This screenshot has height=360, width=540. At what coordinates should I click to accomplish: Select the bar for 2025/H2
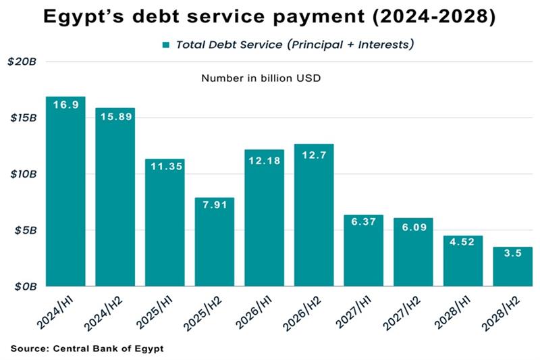point(215,243)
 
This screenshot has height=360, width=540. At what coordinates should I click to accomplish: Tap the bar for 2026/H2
point(314,216)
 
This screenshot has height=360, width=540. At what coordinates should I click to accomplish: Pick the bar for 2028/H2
point(513,267)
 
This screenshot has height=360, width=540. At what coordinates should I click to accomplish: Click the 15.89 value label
point(115,116)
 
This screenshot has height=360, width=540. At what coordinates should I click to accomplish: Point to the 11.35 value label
point(165,167)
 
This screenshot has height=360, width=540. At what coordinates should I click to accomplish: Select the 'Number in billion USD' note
point(261,78)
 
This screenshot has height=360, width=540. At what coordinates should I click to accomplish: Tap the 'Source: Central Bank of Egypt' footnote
point(87,349)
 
